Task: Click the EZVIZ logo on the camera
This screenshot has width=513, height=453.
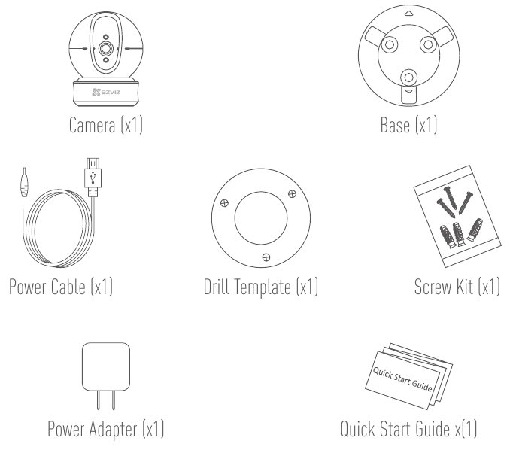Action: [x=106, y=92]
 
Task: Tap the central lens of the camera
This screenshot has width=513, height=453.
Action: [x=105, y=49]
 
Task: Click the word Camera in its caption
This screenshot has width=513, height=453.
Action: [x=93, y=125]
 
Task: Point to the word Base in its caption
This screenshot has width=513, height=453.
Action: [x=395, y=125]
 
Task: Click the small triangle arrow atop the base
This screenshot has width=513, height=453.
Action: [x=409, y=14]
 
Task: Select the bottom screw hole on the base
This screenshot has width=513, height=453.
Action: [x=409, y=78]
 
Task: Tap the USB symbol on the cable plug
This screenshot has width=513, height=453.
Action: [x=93, y=178]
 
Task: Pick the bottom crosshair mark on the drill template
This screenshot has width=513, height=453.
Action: [x=266, y=257]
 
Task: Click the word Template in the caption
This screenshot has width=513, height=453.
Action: [x=262, y=287]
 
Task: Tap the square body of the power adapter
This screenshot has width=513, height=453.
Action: [x=106, y=366]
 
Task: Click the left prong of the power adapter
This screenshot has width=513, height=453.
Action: [x=99, y=400]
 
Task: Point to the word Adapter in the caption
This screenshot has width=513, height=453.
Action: [x=113, y=430]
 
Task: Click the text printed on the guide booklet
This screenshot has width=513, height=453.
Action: [x=402, y=379]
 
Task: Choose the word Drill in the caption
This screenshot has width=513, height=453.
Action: [x=217, y=287]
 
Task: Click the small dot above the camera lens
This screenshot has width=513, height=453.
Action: [x=106, y=37]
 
